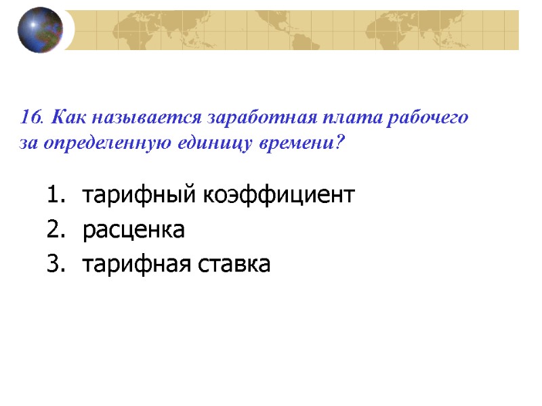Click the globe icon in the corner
pyautogui.click(x=40, y=30)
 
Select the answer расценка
pyautogui.click(x=133, y=230)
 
